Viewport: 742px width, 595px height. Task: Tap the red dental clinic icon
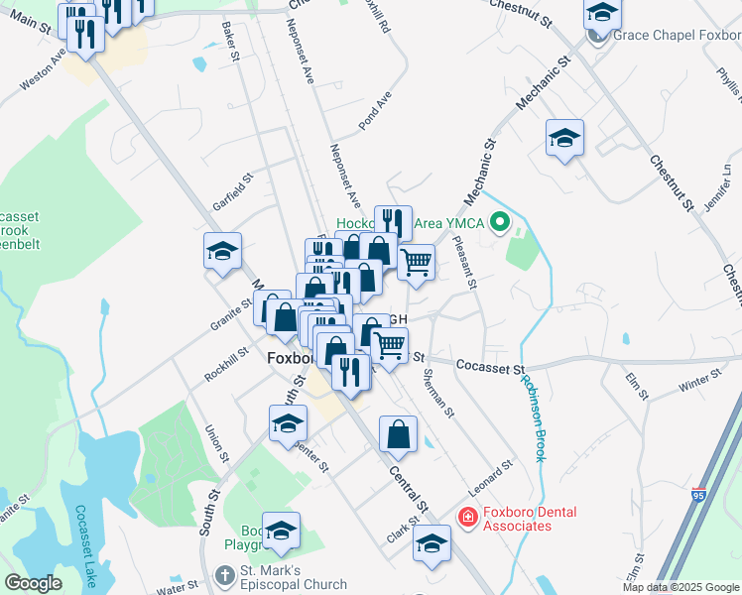466,517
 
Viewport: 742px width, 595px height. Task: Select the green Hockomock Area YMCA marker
500,223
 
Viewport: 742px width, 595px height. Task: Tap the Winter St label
699,380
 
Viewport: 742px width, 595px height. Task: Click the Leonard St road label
492,478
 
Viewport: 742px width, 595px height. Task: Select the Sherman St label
437,392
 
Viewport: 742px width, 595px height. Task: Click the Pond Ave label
376,111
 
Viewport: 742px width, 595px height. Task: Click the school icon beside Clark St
432,543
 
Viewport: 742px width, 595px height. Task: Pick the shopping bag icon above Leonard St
398,432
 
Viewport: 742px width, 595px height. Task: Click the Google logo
33,583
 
